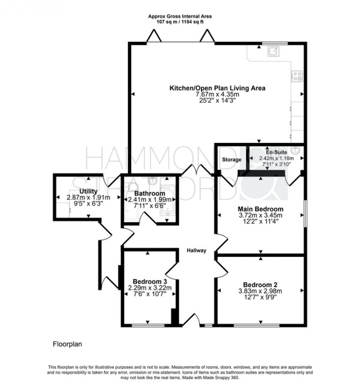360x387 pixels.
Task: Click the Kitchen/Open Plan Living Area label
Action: click(217, 88)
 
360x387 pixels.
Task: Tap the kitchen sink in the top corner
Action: click(273, 52)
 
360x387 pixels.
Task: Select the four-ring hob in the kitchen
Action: click(297, 76)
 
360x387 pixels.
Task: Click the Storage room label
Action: click(231, 160)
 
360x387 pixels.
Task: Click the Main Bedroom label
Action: click(261, 209)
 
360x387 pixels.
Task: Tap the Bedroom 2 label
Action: click(260, 284)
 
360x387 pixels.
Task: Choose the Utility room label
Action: click(88, 191)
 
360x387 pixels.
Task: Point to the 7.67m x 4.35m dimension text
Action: click(217, 94)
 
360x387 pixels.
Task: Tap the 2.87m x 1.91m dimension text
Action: click(88, 197)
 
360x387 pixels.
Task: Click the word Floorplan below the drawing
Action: click(67, 344)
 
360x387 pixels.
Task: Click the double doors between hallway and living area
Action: click(198, 170)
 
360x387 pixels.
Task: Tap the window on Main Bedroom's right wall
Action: click(305, 214)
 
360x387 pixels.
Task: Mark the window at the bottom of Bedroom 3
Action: click(148, 325)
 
